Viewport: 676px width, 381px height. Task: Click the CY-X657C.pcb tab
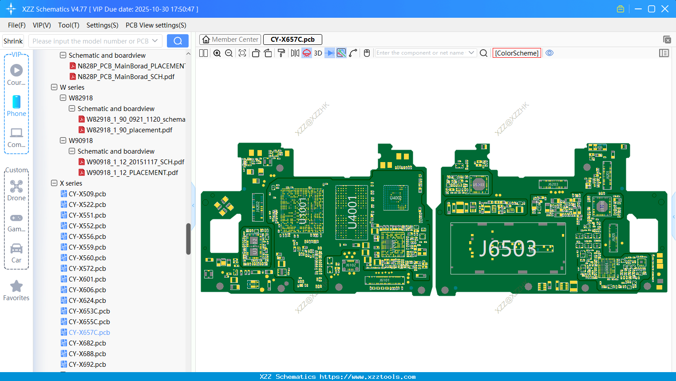tap(293, 40)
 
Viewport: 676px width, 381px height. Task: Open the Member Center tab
tap(230, 40)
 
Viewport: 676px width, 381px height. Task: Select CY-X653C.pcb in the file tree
tap(89, 311)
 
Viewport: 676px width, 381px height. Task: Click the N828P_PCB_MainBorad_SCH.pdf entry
tap(126, 77)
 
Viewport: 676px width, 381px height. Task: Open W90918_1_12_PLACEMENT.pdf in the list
tap(132, 173)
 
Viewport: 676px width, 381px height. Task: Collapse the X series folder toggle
tap(54, 183)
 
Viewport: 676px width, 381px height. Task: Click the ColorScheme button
tap(517, 53)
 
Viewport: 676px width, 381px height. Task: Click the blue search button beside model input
tap(178, 41)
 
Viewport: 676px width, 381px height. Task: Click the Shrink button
tap(13, 41)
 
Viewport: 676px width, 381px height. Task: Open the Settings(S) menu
tap(102, 25)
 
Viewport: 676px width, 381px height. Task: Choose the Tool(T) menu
tap(68, 25)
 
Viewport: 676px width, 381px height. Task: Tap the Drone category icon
tap(16, 187)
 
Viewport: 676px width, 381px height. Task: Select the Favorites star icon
tap(16, 286)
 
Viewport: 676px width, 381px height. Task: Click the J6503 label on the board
tap(508, 249)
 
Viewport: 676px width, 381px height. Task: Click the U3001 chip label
tap(302, 211)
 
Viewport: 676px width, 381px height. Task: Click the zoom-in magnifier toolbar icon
tap(217, 53)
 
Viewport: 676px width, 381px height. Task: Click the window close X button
tap(665, 9)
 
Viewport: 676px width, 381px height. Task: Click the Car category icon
tap(16, 249)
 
